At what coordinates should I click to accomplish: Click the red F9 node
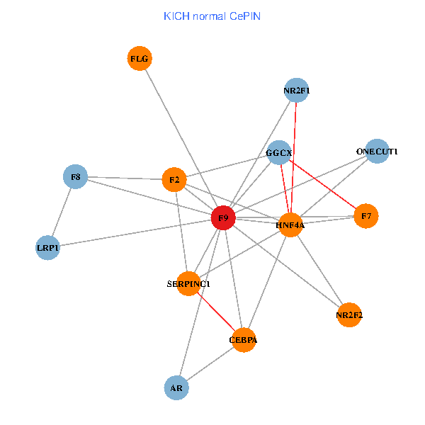223,218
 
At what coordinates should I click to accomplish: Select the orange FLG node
140,59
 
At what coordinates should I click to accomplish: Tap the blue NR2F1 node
296,90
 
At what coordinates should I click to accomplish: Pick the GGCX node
279,152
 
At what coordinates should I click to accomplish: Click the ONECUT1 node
378,151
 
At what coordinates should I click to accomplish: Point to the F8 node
75,176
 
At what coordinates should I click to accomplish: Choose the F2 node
174,180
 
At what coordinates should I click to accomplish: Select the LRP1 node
48,248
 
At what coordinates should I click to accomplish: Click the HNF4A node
290,225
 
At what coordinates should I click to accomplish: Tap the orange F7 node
366,215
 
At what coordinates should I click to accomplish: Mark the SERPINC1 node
188,283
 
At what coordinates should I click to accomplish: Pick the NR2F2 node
349,314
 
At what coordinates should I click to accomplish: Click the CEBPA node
243,340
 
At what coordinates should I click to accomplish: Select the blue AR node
176,387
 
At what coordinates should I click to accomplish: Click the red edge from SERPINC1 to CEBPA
215,312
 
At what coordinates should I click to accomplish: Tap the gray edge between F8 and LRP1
62,212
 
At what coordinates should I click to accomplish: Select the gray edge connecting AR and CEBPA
210,364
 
